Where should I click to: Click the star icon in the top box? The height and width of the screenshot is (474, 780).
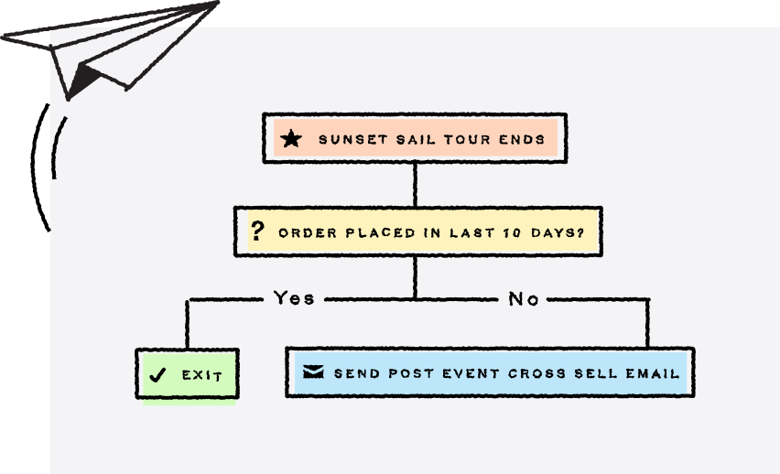point(290,140)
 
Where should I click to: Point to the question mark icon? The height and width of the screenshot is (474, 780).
point(257,232)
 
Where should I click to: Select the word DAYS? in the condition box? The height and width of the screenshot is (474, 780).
point(559,232)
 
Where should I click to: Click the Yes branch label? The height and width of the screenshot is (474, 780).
point(294,298)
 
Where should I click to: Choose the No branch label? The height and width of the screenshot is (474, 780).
point(524,298)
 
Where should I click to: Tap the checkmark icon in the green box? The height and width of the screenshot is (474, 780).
point(157,374)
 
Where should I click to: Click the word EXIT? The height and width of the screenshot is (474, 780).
point(202,375)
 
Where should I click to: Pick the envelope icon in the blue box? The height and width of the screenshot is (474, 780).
point(312,372)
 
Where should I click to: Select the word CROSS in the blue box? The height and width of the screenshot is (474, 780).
point(534,373)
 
